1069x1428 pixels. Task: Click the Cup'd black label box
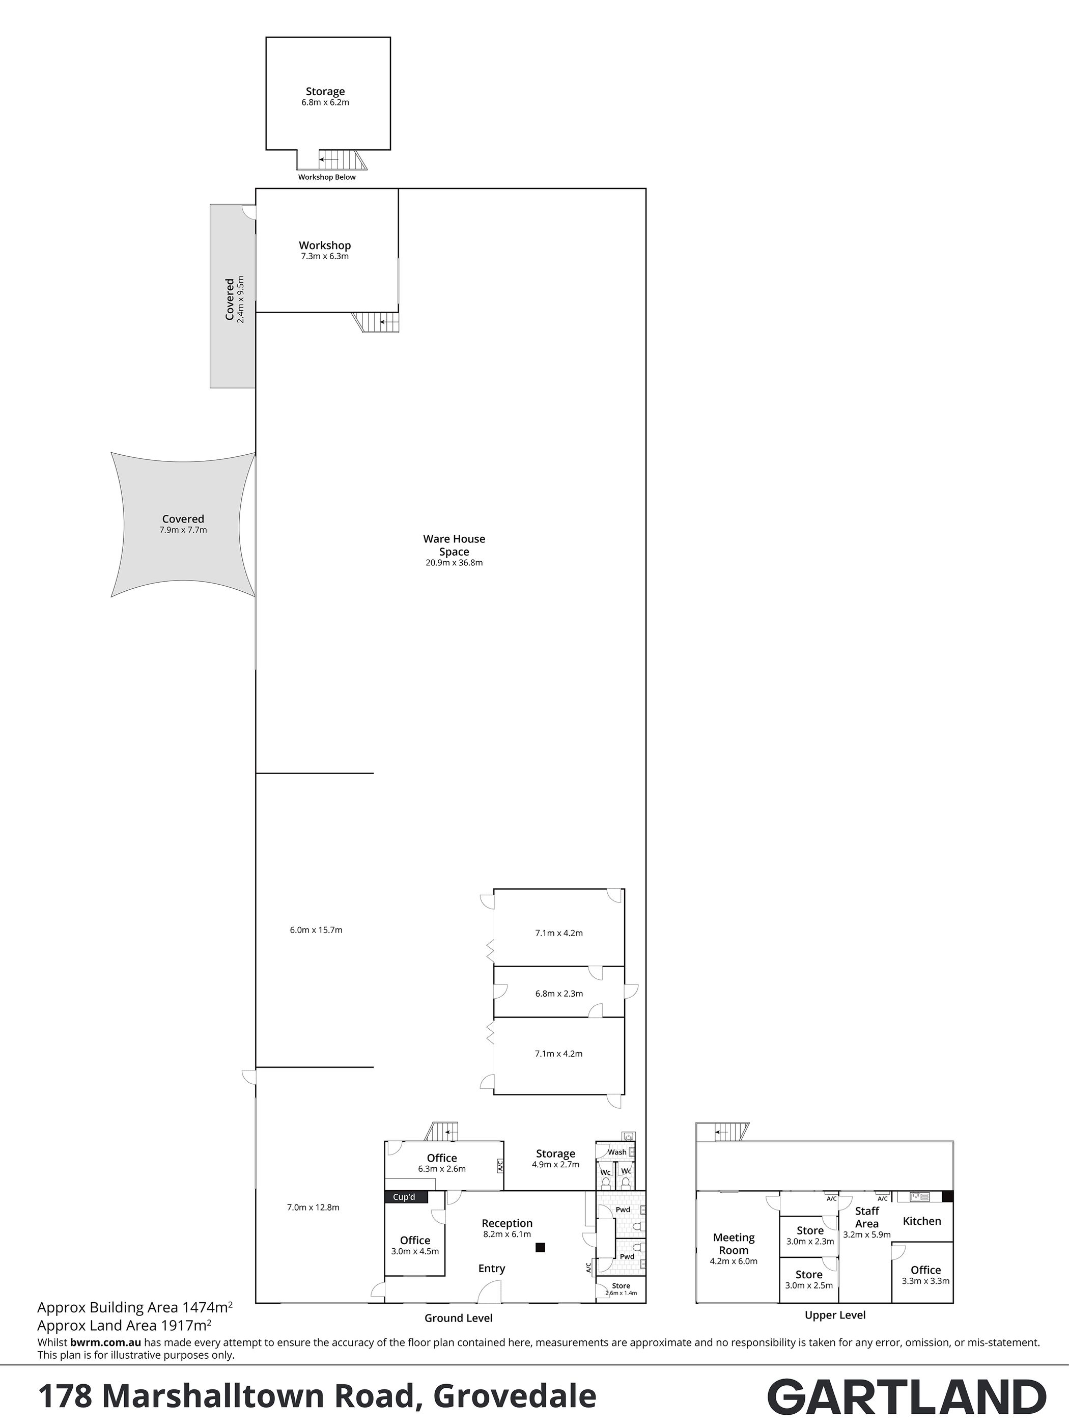(405, 1197)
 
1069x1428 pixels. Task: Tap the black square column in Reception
(540, 1247)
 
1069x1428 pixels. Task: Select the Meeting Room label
(734, 1243)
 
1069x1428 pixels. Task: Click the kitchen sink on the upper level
(919, 1197)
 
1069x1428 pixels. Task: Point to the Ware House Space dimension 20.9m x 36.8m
(454, 562)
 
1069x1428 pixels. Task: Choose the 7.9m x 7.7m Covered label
(183, 524)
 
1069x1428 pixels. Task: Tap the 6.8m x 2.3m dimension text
(559, 994)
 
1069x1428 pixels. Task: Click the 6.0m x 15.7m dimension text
(316, 929)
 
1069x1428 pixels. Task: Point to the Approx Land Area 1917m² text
(125, 1325)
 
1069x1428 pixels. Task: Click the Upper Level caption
(835, 1315)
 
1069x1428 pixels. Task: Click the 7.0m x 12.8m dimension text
(313, 1207)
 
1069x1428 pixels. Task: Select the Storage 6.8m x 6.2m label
(325, 96)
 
